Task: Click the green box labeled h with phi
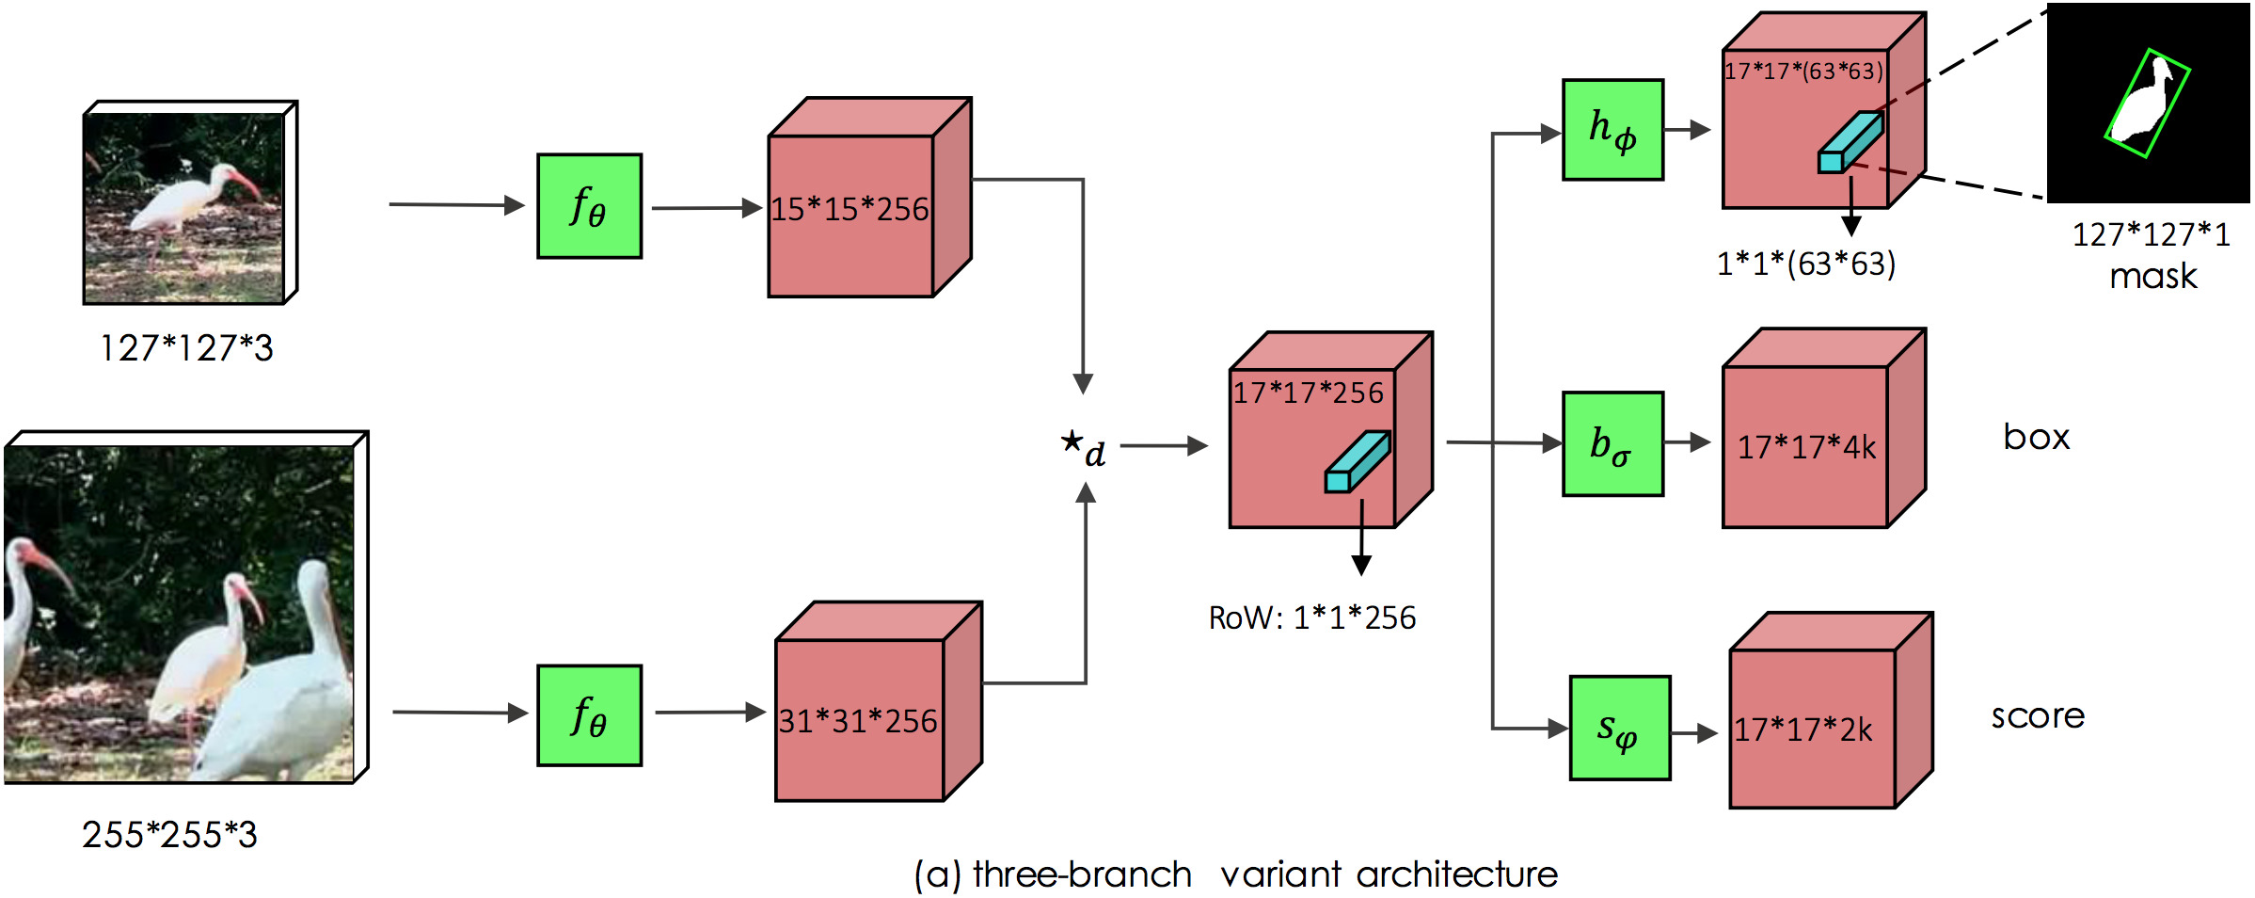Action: click(1612, 130)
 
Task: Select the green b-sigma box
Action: click(1612, 443)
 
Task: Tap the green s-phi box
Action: click(1620, 728)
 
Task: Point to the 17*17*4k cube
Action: click(1805, 446)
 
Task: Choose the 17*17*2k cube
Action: click(1812, 729)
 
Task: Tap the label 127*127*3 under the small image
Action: click(186, 348)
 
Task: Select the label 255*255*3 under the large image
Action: click(169, 834)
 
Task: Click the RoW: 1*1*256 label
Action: click(1311, 618)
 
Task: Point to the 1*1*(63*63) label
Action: click(1805, 264)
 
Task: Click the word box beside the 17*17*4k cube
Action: click(2036, 437)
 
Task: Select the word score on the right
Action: click(2038, 716)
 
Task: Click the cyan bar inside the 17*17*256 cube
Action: click(1358, 462)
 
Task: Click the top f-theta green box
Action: click(589, 206)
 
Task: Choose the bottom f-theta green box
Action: click(589, 715)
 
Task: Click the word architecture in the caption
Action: click(1456, 874)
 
